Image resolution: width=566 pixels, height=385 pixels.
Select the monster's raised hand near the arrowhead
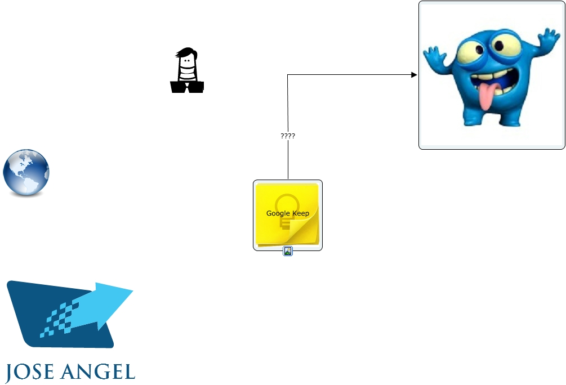435,57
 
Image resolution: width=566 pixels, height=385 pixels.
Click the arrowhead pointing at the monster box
414,75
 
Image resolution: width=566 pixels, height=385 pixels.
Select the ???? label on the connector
288,136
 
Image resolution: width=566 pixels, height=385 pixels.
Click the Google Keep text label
287,213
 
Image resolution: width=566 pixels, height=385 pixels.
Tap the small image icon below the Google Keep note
287,252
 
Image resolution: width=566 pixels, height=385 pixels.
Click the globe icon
26,173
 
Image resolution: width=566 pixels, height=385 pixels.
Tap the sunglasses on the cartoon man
187,87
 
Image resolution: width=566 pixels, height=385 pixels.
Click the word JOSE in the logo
32,372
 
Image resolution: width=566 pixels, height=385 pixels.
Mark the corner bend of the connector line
288,75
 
